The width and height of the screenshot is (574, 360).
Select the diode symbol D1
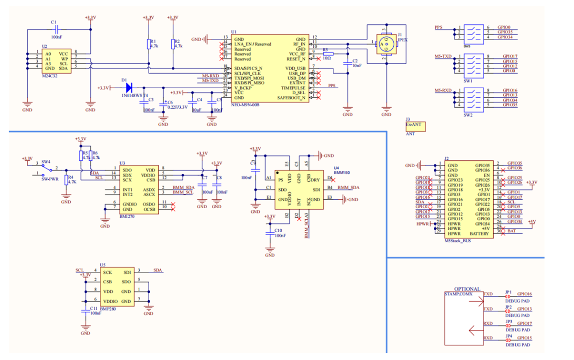coord(129,88)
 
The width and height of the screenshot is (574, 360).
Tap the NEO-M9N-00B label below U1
coord(245,104)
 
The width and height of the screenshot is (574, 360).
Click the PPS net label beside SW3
coord(438,28)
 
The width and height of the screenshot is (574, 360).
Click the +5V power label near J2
coord(531,222)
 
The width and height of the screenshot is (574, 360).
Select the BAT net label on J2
coord(512,231)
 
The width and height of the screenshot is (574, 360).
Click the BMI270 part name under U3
coord(126,217)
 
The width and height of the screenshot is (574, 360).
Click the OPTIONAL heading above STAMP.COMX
coord(467,289)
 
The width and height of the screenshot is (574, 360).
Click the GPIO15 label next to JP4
coord(525,338)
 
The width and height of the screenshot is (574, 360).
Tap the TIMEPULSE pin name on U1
coord(293,88)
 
